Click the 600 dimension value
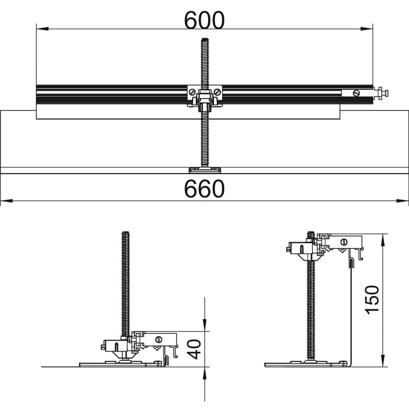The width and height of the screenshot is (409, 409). pos(204,20)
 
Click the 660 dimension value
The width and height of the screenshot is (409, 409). pos(204,188)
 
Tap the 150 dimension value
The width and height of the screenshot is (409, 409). pos(372,300)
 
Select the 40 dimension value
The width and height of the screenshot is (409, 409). pos(194,349)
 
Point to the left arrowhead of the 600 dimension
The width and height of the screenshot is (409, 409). pos(42,29)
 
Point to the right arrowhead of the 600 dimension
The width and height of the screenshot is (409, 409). pos(367,29)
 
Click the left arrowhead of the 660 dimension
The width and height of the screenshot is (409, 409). pos(7,201)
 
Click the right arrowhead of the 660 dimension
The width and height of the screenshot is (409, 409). pos(402,201)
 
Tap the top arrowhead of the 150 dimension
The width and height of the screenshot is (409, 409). pos(382,240)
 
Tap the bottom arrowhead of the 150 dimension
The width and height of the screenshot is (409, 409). pos(382,360)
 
